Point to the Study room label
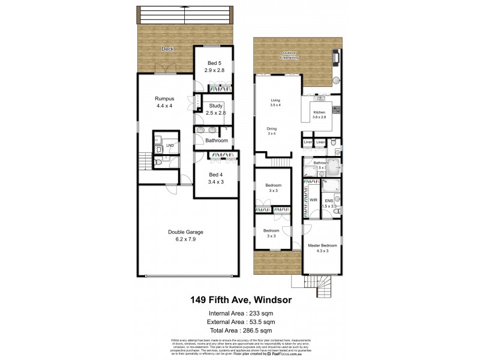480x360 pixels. [215, 106]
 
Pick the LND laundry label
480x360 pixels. [170, 145]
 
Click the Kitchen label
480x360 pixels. [319, 112]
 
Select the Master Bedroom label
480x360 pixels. [322, 245]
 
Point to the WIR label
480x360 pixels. [313, 200]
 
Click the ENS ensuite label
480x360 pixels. [329, 200]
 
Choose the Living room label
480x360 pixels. [276, 101]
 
